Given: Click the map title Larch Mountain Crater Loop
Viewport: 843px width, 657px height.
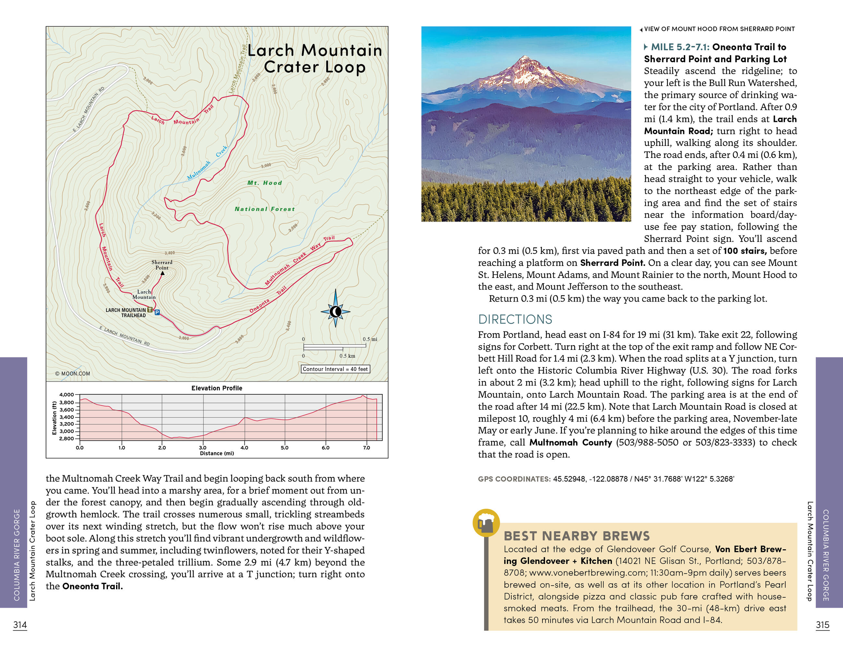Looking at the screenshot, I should pos(315,59).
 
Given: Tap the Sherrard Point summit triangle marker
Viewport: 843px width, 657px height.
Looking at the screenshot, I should pos(162,273).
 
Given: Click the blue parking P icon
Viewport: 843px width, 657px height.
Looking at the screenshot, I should pos(157,312).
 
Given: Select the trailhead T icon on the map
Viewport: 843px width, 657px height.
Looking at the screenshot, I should pos(150,310).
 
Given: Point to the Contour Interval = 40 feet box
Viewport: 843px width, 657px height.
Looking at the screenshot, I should pos(335,369).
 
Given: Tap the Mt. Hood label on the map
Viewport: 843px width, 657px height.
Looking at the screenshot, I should pos(265,183).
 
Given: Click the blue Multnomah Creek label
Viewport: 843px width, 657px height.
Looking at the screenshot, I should pos(207,163).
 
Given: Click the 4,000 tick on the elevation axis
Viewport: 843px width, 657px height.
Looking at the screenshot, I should pos(66,395).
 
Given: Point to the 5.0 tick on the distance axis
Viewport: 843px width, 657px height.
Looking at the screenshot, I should pos(284,448).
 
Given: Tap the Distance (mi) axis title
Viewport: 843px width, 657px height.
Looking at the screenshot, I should pos(217,454).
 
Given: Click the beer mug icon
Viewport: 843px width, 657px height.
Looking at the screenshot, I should pos(486,523).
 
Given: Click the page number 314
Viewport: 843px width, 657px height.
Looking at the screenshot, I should pos(20,625).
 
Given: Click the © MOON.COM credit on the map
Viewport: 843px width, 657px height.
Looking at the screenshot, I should pos(73,374).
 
